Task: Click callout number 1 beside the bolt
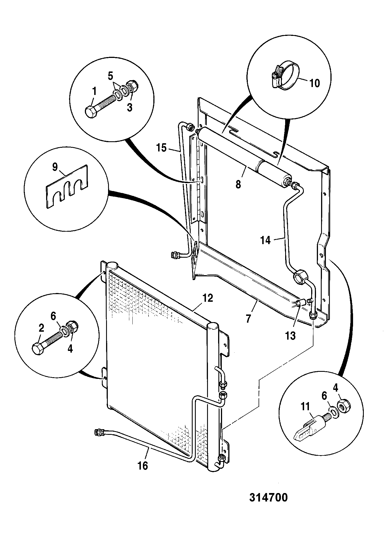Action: [x=94, y=92]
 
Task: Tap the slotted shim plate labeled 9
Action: [x=66, y=187]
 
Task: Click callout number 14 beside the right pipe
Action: [x=266, y=240]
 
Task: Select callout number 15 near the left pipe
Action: [x=162, y=148]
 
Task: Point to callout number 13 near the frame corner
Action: [x=290, y=336]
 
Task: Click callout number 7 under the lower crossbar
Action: [x=248, y=319]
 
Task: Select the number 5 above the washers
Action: [x=110, y=76]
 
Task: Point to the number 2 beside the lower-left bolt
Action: [x=41, y=328]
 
